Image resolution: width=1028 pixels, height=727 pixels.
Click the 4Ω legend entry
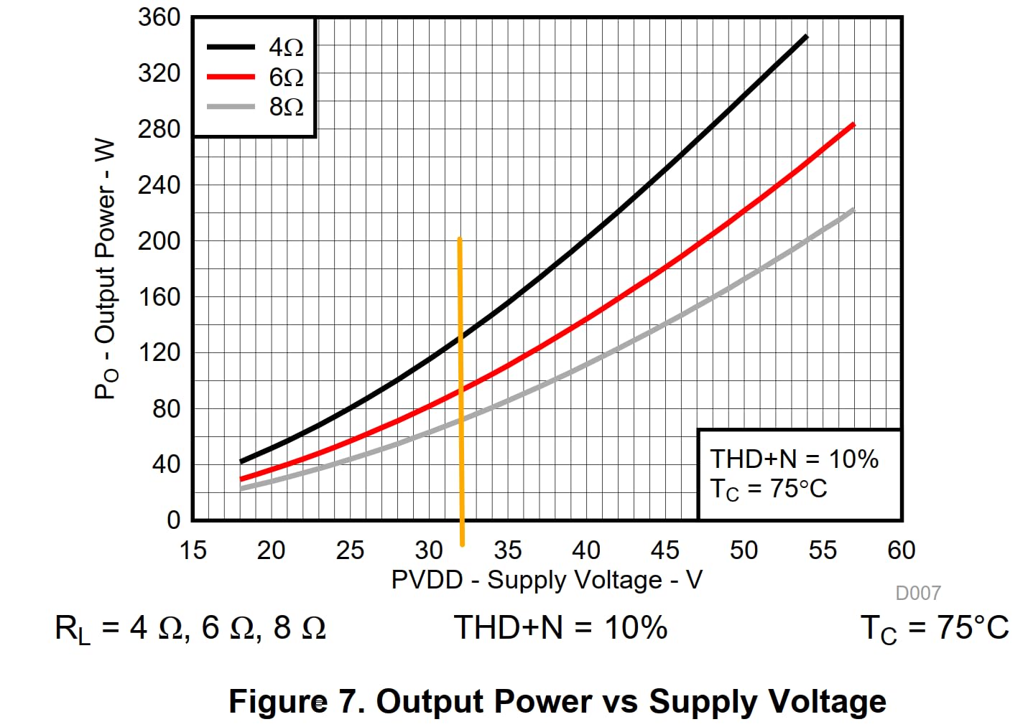(x=255, y=47)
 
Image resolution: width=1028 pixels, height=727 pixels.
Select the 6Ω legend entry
(x=255, y=77)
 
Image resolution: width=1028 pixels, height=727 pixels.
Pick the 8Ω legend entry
(x=255, y=107)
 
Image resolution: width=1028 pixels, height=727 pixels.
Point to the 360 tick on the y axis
(x=159, y=17)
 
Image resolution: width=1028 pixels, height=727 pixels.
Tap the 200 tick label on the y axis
(x=159, y=241)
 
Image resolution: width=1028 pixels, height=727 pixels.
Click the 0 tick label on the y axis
(x=173, y=520)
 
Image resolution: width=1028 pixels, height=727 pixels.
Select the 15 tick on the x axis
(x=193, y=550)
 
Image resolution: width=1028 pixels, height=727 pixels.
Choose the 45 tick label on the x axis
(x=665, y=550)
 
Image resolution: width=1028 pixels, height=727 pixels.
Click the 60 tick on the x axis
(x=901, y=550)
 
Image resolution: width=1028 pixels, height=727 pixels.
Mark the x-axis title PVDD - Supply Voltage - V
(x=547, y=580)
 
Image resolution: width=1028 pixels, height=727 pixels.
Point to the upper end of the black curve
(x=806, y=37)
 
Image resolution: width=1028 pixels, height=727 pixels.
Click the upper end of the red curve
(x=853, y=125)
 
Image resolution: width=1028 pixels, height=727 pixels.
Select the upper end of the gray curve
(x=853, y=210)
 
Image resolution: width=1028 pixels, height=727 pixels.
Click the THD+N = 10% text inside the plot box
(x=794, y=459)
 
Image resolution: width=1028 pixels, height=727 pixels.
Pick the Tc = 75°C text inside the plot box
(x=769, y=489)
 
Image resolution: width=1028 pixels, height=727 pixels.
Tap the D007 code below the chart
(x=917, y=593)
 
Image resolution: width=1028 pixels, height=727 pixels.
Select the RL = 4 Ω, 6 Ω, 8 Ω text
(x=190, y=629)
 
